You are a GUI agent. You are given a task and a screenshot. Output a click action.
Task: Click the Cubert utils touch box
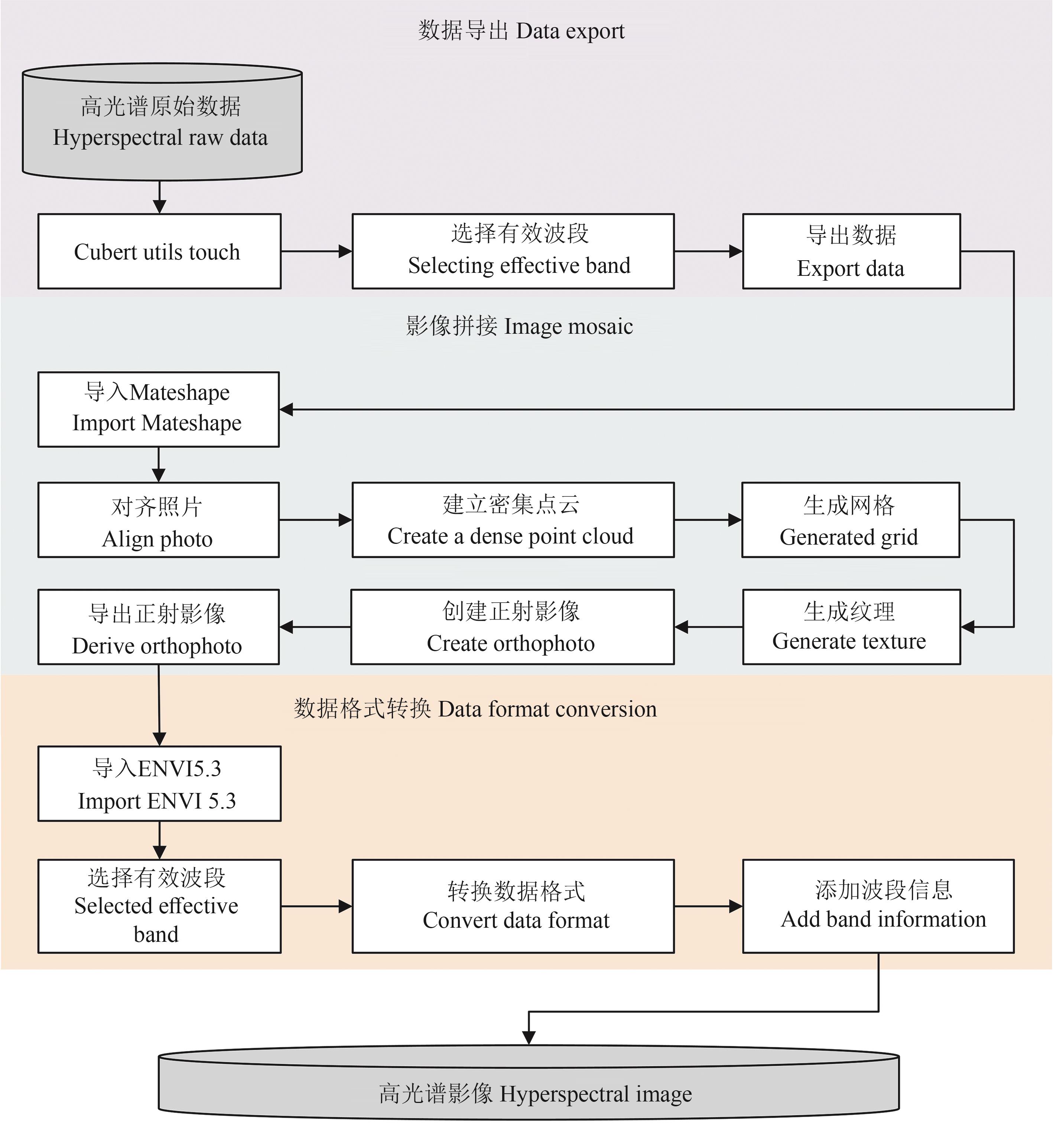[x=159, y=251]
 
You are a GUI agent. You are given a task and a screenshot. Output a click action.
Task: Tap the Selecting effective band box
[x=513, y=251]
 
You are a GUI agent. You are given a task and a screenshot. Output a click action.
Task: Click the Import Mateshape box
[x=158, y=409]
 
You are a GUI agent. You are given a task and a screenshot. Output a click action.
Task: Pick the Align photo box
[x=158, y=520]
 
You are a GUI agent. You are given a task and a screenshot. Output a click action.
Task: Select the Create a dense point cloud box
[x=513, y=520]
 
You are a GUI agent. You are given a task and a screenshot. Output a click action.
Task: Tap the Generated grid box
[x=850, y=520]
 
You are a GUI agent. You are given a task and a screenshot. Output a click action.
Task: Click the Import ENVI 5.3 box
[x=159, y=784]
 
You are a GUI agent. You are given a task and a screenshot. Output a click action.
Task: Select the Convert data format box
[x=513, y=906]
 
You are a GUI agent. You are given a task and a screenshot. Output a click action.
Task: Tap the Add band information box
[x=878, y=906]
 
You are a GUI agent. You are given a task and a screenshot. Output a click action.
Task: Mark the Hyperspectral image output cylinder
[x=529, y=1094]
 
